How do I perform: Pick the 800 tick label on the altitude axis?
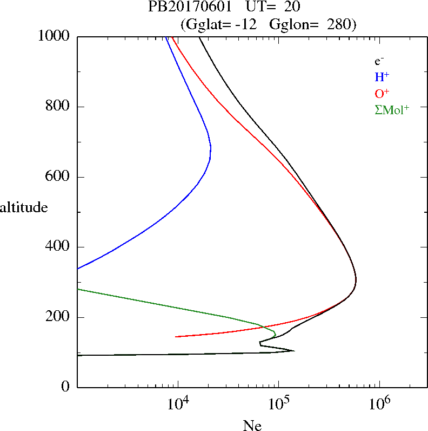pos(59,107)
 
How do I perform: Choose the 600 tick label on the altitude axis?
pos(59,177)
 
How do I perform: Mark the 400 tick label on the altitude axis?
pos(59,247)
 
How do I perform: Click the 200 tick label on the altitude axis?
pos(59,317)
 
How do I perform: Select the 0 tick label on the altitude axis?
pos(66,387)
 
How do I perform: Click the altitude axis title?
pos(24,207)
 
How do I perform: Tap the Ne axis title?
pos(252,426)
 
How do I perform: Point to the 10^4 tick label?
pos(178,403)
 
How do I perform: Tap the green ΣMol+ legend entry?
pos(392,109)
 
